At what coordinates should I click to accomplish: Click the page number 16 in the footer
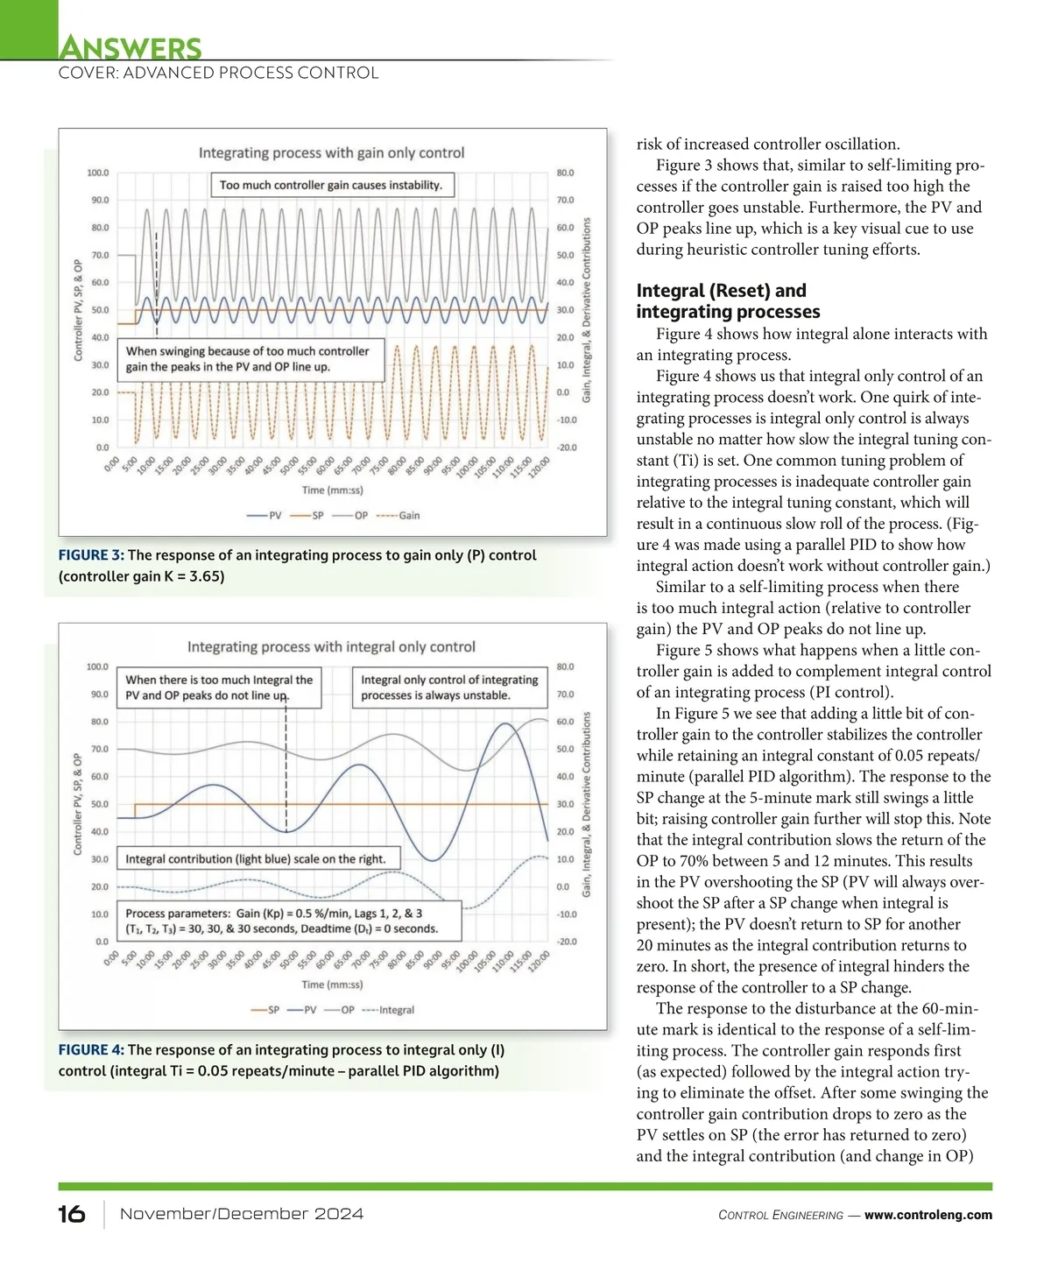click(72, 1214)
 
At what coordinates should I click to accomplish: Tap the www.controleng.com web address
click(928, 1215)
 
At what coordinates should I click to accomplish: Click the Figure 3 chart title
click(331, 152)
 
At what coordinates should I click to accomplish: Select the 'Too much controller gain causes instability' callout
click(331, 185)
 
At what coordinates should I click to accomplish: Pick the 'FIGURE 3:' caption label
click(91, 555)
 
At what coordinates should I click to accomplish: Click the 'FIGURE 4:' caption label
click(91, 1050)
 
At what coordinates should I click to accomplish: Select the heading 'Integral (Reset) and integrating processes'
click(728, 301)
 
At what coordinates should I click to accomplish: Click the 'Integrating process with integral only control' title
click(331, 647)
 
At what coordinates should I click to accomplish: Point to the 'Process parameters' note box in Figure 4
click(288, 921)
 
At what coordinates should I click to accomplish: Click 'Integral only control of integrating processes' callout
click(449, 688)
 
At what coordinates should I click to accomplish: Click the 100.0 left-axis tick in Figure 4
click(97, 667)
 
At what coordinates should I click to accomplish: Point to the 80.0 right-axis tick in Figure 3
click(565, 173)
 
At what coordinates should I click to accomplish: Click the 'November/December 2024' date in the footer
click(241, 1214)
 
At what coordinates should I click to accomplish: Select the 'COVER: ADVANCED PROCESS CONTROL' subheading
click(218, 74)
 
